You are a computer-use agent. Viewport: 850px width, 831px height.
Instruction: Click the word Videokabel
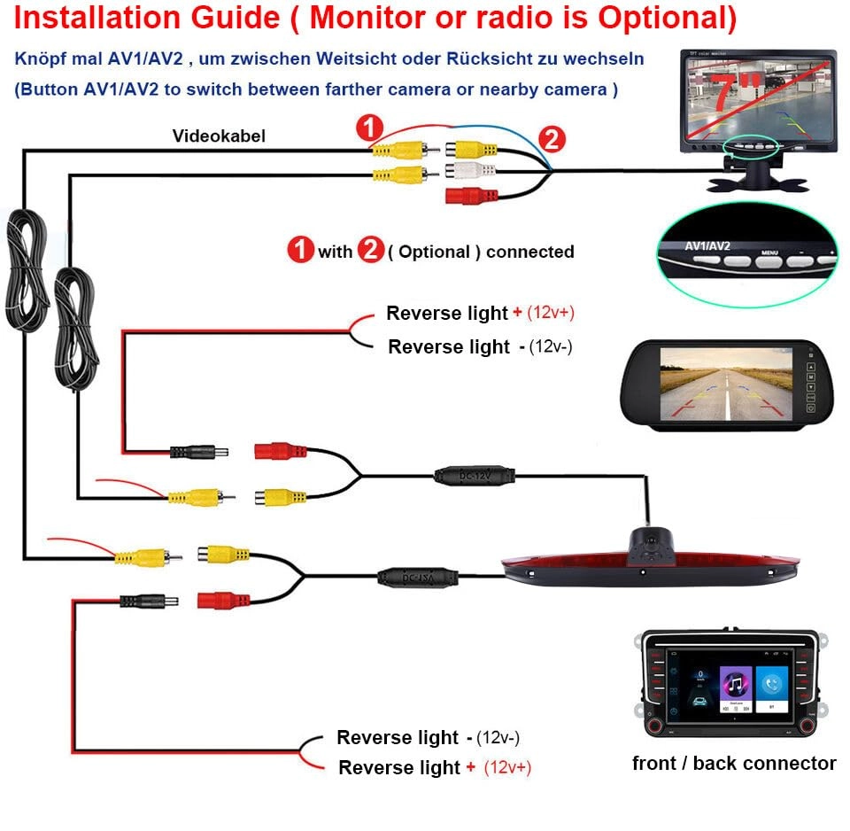219,136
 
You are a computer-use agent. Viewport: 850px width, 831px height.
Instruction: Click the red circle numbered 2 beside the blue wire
551,139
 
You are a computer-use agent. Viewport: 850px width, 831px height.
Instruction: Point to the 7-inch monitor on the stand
759,97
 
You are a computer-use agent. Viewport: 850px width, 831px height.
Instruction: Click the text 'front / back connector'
734,763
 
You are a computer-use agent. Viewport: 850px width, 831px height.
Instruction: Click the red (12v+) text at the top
557,313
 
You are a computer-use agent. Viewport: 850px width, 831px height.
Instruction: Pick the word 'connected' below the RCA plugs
529,252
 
